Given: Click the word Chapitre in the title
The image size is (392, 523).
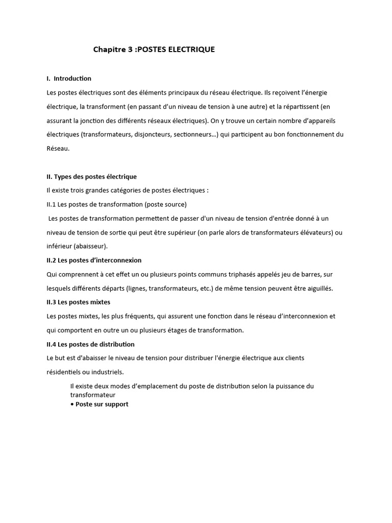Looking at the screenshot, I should point(109,50).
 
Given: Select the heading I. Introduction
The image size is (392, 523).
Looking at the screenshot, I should point(69,78).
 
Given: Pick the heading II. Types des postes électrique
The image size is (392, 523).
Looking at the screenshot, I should point(91,176).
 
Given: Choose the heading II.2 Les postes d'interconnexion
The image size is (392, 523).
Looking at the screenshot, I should point(94,260).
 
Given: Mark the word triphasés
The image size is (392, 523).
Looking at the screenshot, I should point(236,274).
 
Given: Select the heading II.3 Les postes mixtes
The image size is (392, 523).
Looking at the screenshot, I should point(78,302).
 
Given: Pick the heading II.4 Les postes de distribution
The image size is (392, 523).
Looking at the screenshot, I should point(90,344).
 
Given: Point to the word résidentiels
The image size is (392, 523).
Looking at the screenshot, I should point(63,372).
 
